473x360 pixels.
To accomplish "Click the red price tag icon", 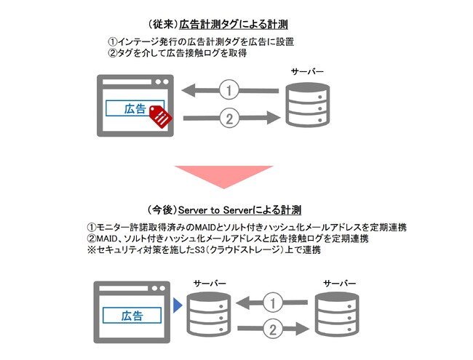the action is coord(161,116).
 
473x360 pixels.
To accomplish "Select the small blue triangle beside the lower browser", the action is coord(178,305).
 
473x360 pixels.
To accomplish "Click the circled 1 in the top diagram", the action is coord(229,90).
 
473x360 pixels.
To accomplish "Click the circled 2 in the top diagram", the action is coord(229,119).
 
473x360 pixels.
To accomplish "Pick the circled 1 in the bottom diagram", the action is coord(273,303).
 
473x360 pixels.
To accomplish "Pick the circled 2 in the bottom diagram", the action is coord(273,329).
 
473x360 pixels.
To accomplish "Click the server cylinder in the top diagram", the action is coord(307,104).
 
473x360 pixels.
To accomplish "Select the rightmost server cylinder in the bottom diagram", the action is coord(337,314).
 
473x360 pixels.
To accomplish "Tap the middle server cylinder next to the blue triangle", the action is coord(209,314).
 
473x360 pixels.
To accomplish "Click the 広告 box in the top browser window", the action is coord(135,108).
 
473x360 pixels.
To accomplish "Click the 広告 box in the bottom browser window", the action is coord(132,316).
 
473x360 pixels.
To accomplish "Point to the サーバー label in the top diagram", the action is coord(307,72).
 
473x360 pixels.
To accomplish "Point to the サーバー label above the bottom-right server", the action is coord(339,284).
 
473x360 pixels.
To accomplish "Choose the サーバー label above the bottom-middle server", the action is coord(210,284).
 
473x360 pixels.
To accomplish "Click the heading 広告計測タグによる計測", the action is coord(234,25).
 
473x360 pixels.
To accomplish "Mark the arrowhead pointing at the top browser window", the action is coord(189,90).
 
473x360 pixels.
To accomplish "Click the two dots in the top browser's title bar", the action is coord(162,82).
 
